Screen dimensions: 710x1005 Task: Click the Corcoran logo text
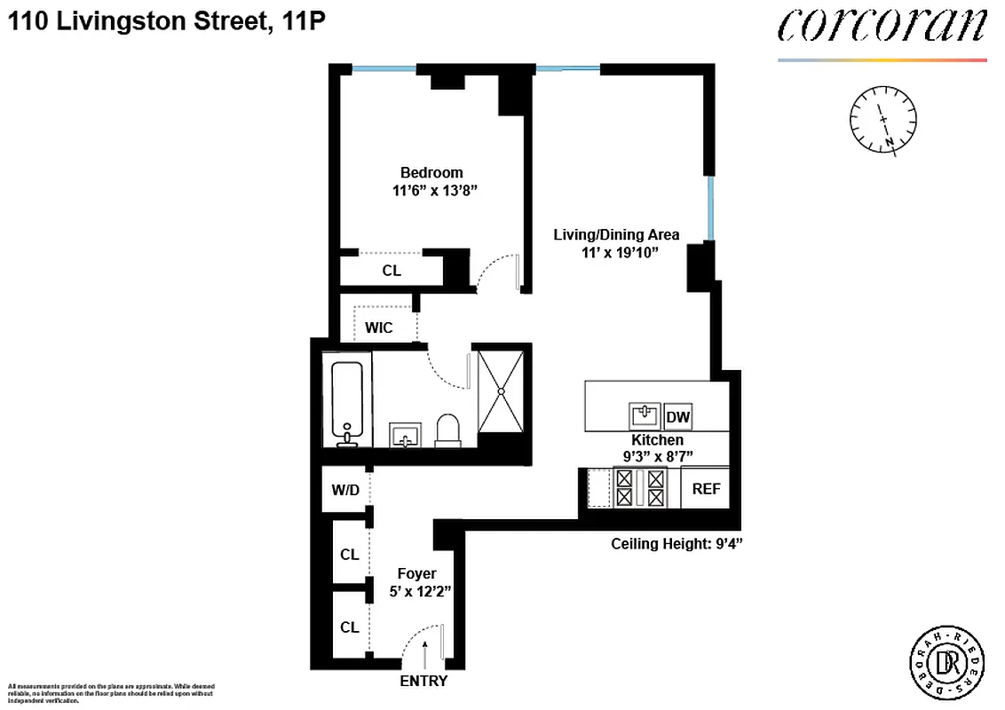coord(882,27)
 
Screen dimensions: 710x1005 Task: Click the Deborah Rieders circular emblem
coord(946,661)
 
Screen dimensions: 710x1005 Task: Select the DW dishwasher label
coord(677,417)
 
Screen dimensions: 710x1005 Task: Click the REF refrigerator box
coord(706,489)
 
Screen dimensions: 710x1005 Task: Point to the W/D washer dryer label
coord(344,490)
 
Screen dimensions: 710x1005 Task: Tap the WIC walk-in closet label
coord(378,327)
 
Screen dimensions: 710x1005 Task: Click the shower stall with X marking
coord(502,390)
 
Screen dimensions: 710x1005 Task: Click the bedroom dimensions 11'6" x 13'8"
coord(431,190)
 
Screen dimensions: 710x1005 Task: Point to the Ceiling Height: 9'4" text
coord(676,544)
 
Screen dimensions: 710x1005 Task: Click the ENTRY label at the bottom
coord(424,682)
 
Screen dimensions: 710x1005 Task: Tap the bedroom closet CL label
coord(392,271)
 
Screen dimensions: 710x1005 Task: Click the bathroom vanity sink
coord(408,435)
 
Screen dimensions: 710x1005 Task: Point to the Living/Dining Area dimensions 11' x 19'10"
coord(616,252)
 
